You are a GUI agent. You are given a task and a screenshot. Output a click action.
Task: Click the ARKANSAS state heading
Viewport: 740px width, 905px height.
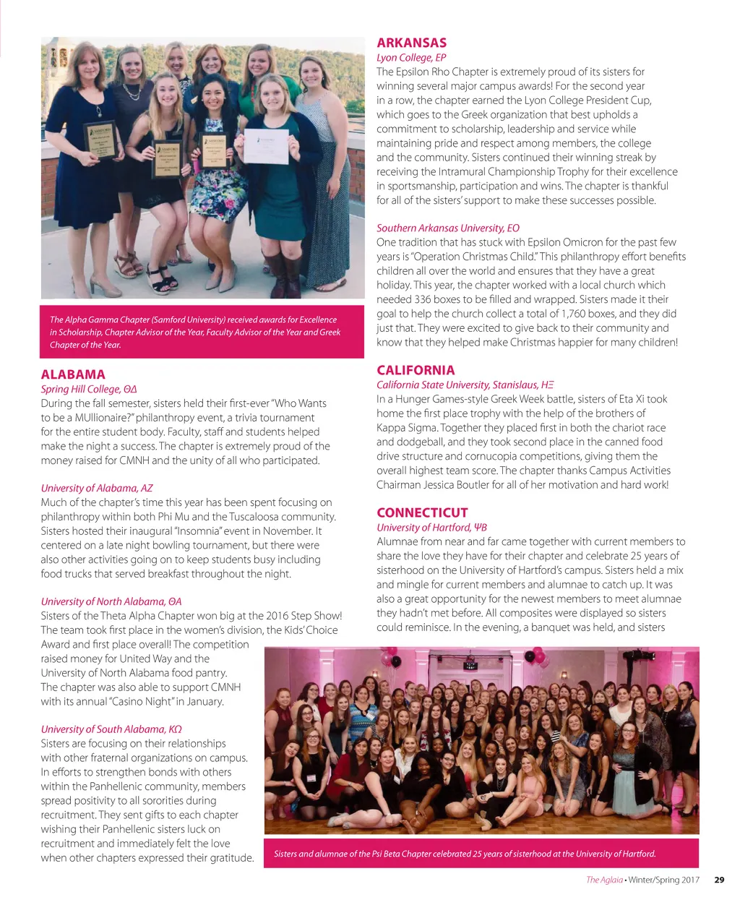click(411, 43)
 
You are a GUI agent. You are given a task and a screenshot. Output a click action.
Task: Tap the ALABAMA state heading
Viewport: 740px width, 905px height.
click(73, 374)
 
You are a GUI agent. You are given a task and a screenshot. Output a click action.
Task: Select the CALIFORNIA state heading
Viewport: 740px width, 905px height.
click(416, 370)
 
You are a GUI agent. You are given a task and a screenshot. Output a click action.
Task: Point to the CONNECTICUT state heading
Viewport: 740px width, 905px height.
click(422, 512)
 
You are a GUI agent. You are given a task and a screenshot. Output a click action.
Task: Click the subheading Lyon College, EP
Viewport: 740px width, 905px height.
click(411, 57)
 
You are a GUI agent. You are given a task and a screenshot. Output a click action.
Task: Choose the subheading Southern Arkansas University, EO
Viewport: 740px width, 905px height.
click(447, 228)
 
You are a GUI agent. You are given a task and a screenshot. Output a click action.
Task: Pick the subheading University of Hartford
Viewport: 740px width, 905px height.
click(431, 527)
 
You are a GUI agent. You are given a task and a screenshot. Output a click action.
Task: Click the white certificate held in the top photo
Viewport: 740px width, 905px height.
click(265, 147)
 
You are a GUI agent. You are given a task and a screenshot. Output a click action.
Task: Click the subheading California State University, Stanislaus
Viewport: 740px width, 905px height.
click(465, 385)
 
